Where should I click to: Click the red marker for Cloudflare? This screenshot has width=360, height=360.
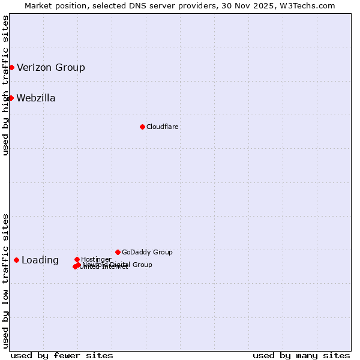coord(142,127)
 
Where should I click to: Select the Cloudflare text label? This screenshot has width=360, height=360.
coord(163,127)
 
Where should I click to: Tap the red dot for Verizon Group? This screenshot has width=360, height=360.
coord(11,67)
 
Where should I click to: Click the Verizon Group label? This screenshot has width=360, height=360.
coord(51,67)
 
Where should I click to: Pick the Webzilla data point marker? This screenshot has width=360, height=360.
coord(11,98)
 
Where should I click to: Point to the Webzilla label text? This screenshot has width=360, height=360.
coord(36,98)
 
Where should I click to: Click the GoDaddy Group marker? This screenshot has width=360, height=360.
coord(118,252)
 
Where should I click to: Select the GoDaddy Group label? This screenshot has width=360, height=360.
coord(147,252)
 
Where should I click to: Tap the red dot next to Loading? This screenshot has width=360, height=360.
coord(16,260)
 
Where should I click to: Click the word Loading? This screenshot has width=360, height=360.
coord(40,260)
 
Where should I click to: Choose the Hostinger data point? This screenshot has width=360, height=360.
coord(77,259)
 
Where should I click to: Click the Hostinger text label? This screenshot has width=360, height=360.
coord(96,259)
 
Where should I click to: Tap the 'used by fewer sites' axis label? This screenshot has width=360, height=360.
coord(62,355)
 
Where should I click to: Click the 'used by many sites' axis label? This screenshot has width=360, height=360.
coord(301,355)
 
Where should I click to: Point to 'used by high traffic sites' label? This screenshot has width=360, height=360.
coord(5,85)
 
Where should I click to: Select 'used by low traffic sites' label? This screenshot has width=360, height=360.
coord(5,280)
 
